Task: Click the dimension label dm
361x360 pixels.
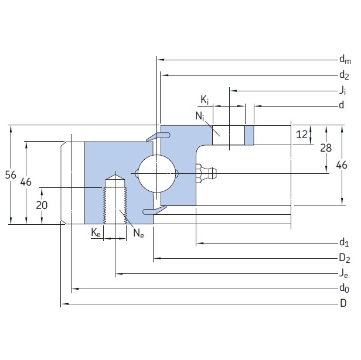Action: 345,60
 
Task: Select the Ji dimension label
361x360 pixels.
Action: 343,91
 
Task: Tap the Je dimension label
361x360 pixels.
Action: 343,273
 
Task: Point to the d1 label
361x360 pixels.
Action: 344,243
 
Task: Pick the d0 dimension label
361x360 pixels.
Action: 344,289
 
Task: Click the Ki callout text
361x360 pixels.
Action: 205,100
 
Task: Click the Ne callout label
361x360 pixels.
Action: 138,234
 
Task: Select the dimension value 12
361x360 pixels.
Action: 302,135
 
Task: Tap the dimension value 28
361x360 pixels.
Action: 326,148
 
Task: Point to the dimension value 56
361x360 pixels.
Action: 9,174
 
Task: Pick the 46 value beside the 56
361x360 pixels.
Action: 25,182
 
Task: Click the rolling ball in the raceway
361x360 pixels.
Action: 156,173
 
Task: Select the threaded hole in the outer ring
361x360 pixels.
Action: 115,199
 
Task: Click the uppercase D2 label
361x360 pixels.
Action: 345,258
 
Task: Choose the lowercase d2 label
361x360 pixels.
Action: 344,75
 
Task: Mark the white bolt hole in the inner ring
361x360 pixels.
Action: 230,135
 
